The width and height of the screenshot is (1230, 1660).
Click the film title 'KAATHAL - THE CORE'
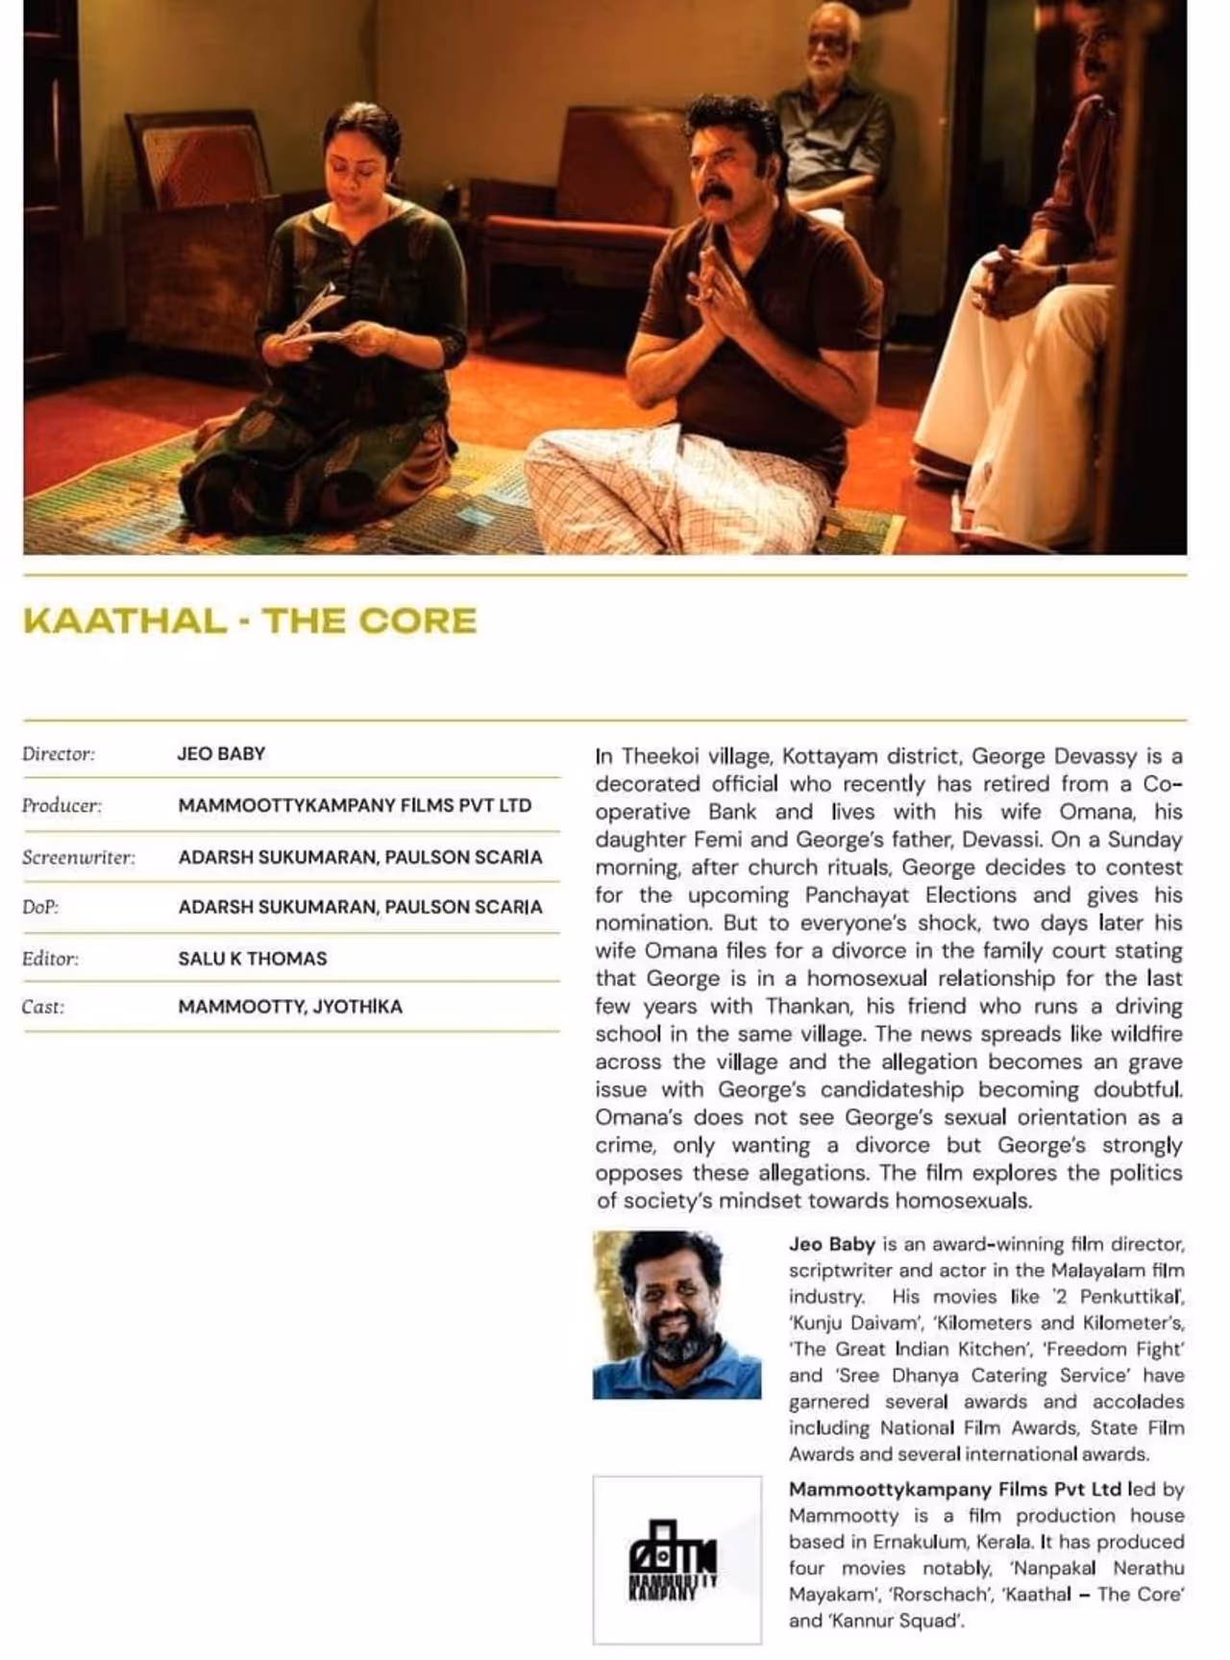pyautogui.click(x=250, y=621)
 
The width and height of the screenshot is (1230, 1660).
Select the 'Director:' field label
pyautogui.click(x=59, y=754)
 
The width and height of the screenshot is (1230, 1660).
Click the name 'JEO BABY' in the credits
pyautogui.click(x=221, y=754)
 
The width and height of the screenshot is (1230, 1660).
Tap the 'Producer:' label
pyautogui.click(x=61, y=806)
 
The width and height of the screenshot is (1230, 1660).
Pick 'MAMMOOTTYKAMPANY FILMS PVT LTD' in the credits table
pyautogui.click(x=355, y=806)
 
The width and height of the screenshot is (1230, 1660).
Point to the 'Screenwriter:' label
pyautogui.click(x=78, y=858)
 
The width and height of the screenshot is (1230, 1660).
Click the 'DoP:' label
pyautogui.click(x=40, y=907)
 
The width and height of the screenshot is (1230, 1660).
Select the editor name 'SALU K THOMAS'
pyautogui.click(x=253, y=959)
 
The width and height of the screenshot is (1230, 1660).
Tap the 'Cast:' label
pyautogui.click(x=43, y=1008)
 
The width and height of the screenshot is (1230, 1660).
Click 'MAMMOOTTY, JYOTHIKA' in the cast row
pyautogui.click(x=290, y=1008)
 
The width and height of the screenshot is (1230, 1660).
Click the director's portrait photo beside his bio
pyautogui.click(x=676, y=1314)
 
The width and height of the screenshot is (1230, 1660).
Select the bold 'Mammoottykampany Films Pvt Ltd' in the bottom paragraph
pyautogui.click(x=954, y=1490)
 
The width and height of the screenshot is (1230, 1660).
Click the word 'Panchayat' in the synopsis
pyautogui.click(x=860, y=895)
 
